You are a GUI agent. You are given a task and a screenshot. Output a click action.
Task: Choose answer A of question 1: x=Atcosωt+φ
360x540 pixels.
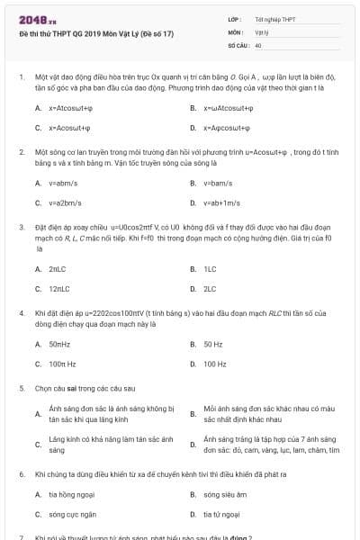(71, 108)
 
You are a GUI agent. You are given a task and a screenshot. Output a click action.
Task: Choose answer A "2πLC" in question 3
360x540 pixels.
(58, 269)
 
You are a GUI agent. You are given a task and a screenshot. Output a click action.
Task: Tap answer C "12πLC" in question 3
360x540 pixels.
(59, 289)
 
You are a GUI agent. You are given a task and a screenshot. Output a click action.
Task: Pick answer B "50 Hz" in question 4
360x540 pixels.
(213, 344)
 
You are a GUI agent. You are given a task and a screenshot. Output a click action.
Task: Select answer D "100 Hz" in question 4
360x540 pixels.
(215, 364)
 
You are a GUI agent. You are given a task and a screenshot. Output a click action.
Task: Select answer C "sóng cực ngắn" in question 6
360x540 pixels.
(68, 514)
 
